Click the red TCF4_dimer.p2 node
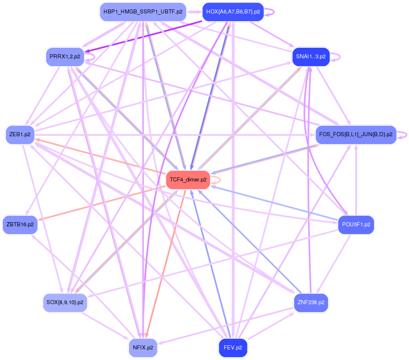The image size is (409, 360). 188,179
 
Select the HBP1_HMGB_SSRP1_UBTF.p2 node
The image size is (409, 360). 143,12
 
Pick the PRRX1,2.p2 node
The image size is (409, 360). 65,57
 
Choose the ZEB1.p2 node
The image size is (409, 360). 20,134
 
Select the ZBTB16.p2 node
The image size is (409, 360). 20,225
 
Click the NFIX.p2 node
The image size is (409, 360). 143,348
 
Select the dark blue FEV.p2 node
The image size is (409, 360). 233,348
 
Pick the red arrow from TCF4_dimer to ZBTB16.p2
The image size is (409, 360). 102,203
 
